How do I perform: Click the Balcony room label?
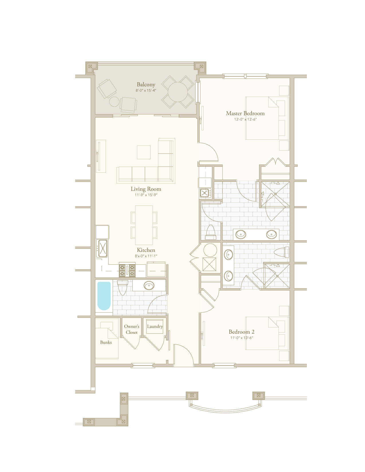pyautogui.click(x=146, y=84)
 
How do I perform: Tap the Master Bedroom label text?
pyautogui.click(x=245, y=113)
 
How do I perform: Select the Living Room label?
pyautogui.click(x=146, y=189)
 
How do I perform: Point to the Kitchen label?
pyautogui.click(x=146, y=250)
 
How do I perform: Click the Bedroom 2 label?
pyautogui.click(x=241, y=332)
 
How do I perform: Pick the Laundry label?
pyautogui.click(x=155, y=326)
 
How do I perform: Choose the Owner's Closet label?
pyautogui.click(x=132, y=329)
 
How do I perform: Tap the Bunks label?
pyautogui.click(x=106, y=342)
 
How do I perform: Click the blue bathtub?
pyautogui.click(x=104, y=296)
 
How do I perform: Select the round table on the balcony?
pyautogui.click(x=177, y=92)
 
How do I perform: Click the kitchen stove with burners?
pyautogui.click(x=127, y=270)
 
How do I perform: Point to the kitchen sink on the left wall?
pyautogui.click(x=102, y=248)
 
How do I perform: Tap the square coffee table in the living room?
pyautogui.click(x=144, y=152)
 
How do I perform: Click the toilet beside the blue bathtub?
pyautogui.click(x=123, y=287)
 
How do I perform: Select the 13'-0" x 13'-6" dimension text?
pyautogui.click(x=245, y=120)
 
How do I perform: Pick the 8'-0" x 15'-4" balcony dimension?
pyautogui.click(x=146, y=90)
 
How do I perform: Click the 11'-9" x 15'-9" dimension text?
pyautogui.click(x=146, y=195)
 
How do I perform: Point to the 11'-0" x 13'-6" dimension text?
pyautogui.click(x=242, y=338)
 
